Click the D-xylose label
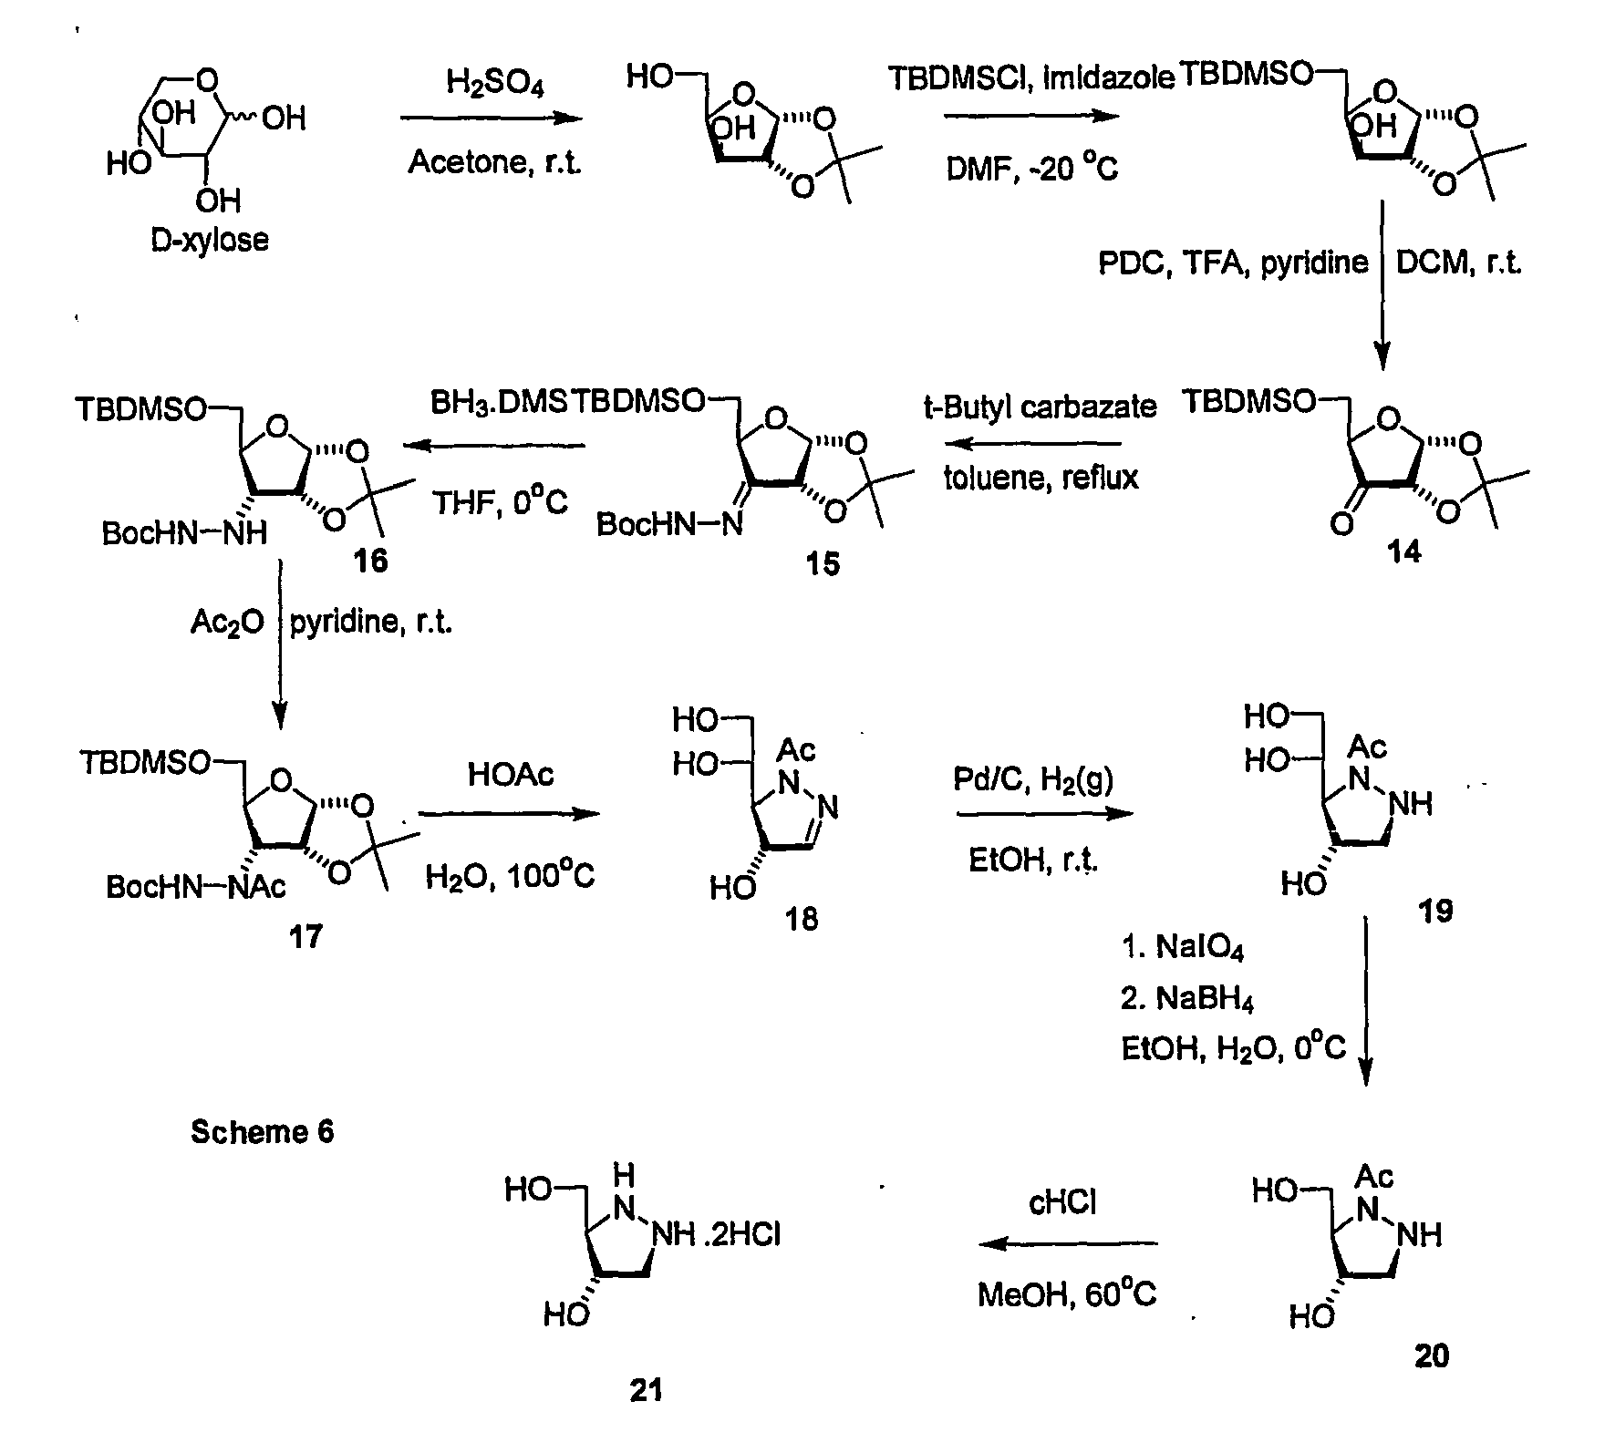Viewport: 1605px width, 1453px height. pyautogui.click(x=210, y=240)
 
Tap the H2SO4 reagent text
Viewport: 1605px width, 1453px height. pyautogui.click(x=494, y=85)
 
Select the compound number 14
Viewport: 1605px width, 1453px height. pyautogui.click(x=1403, y=552)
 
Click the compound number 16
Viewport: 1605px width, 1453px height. pyautogui.click(x=370, y=561)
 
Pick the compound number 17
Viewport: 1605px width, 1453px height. pyautogui.click(x=305, y=936)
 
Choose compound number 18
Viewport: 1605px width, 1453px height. pyautogui.click(x=802, y=919)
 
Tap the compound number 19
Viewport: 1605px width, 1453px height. pyautogui.click(x=1435, y=911)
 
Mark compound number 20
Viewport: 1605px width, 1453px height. pyautogui.click(x=1431, y=1356)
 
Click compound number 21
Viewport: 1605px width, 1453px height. pyautogui.click(x=646, y=1391)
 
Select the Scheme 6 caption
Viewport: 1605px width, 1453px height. pyautogui.click(x=262, y=1132)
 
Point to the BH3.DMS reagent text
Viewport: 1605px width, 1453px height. pyautogui.click(x=499, y=402)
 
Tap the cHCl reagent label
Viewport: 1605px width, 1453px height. pyautogui.click(x=1062, y=1203)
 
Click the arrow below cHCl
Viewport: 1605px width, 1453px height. pyautogui.click(x=1068, y=1243)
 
